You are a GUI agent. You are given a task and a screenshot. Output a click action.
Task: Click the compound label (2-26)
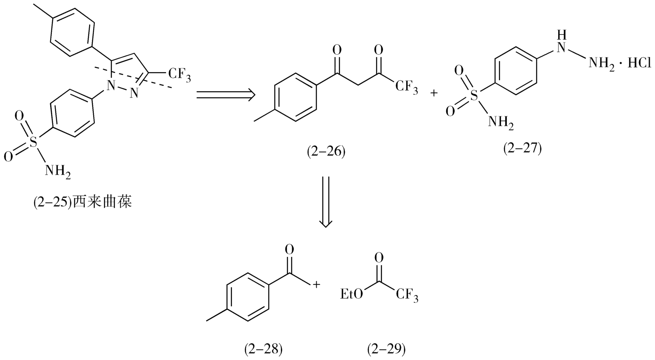coord(325,153)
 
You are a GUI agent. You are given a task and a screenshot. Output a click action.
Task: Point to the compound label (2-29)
coord(386,349)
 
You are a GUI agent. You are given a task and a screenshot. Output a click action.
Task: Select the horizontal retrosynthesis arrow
coord(226,95)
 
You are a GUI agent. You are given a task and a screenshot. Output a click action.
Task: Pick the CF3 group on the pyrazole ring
coord(179,75)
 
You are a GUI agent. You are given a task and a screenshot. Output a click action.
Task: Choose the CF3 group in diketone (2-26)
coord(406,87)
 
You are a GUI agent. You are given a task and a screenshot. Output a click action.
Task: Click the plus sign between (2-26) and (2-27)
coord(434,94)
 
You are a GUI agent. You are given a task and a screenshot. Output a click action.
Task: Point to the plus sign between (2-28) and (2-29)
coord(316,285)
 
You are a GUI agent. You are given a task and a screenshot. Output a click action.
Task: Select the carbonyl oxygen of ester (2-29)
coord(378,257)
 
